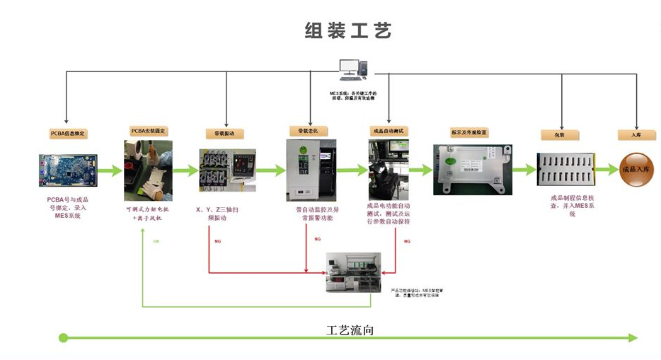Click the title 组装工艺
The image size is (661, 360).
[x=347, y=31]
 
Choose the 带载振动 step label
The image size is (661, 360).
[x=224, y=133]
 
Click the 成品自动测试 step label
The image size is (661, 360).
[x=389, y=131]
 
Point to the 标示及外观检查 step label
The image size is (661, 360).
[x=469, y=132]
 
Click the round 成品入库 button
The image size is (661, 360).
[x=636, y=170]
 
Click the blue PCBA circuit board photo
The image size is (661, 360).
[x=68, y=170]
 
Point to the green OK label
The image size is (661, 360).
[x=156, y=241]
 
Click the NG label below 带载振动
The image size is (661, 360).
[x=218, y=241]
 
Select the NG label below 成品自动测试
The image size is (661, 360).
[x=407, y=241]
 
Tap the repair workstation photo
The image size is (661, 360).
[x=353, y=272]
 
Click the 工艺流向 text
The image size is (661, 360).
[x=349, y=330]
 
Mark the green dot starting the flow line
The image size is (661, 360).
[x=63, y=338]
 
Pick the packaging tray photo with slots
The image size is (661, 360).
[x=564, y=170]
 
